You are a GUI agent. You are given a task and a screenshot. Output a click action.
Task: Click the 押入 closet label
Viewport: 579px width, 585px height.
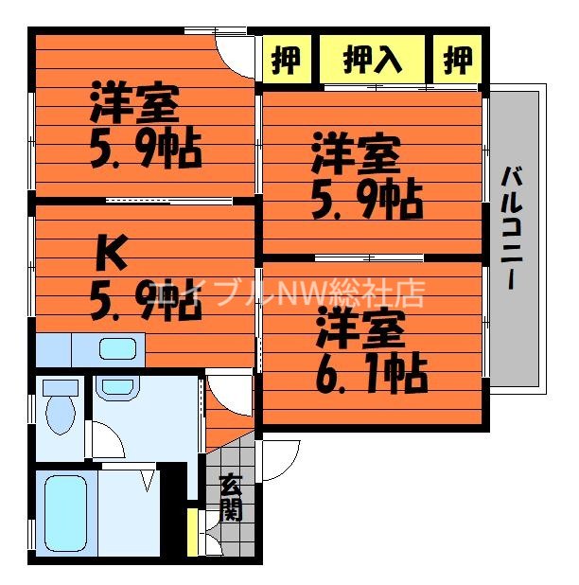point(372,61)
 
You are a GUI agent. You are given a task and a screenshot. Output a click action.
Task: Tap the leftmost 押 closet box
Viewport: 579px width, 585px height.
point(287,61)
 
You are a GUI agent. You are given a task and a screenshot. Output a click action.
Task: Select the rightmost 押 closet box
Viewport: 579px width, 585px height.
point(457,61)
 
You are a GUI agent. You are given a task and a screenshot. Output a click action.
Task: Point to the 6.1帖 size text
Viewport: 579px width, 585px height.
point(372,374)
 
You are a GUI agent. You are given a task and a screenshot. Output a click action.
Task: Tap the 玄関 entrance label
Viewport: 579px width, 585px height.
point(231,498)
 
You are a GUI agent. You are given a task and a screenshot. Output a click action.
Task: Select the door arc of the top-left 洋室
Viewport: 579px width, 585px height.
point(235,49)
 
